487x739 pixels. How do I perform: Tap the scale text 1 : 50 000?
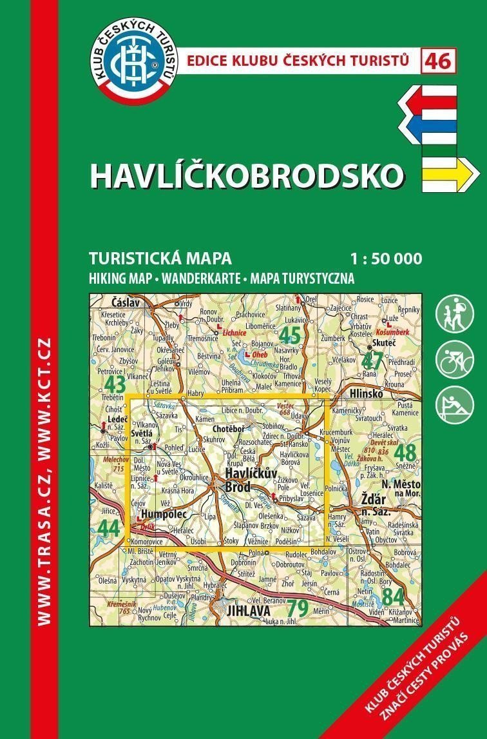pos(387,259)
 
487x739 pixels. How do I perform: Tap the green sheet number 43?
pos(115,385)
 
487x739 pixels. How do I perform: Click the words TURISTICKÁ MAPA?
pos(160,259)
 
